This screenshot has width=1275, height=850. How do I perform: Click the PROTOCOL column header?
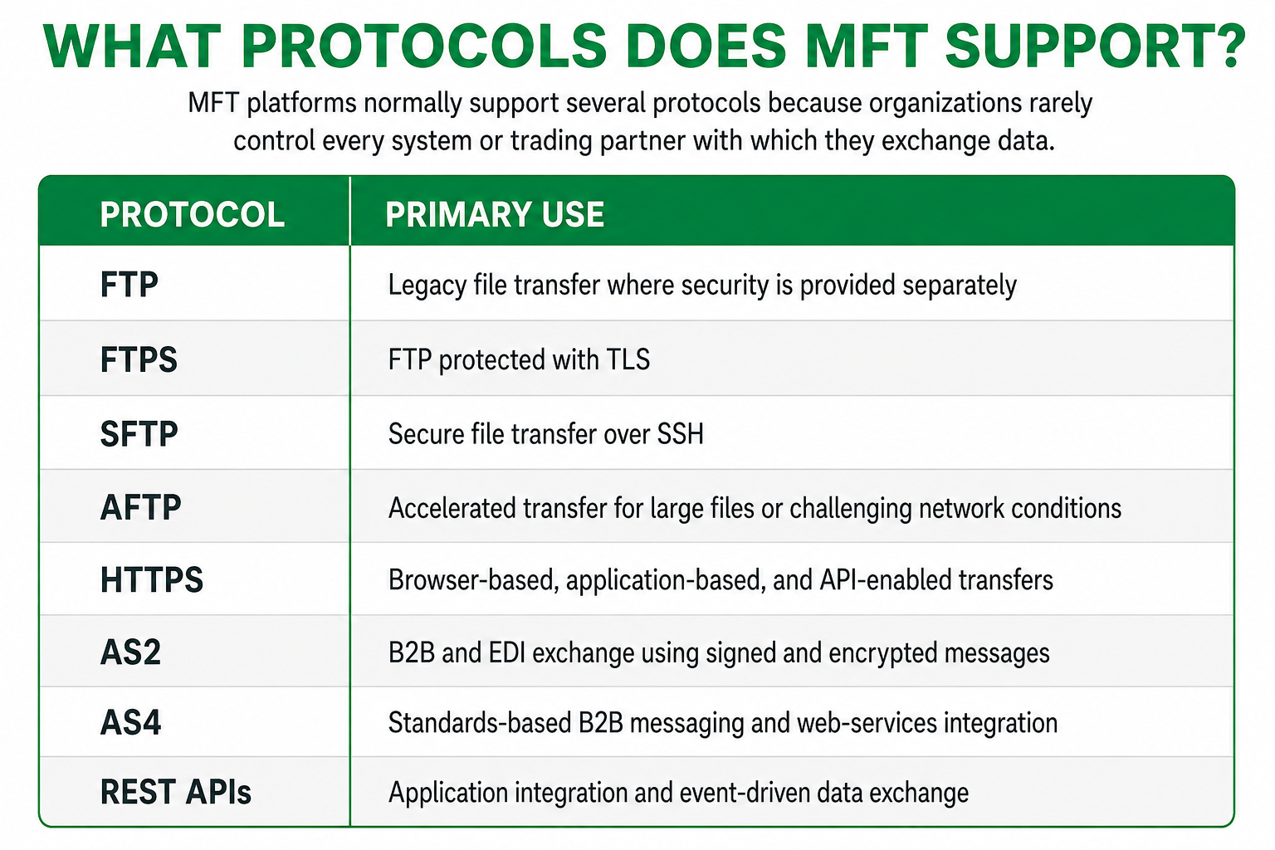point(193,215)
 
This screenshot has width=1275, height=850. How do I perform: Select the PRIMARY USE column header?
point(495,215)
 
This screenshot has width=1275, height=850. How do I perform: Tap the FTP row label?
point(129,285)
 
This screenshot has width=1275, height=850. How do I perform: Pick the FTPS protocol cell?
point(139,359)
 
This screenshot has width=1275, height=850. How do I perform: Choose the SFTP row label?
point(139,434)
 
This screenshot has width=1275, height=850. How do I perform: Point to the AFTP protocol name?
point(140,507)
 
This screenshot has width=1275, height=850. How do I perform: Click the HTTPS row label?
point(151,579)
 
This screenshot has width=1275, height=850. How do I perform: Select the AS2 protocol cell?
point(130,652)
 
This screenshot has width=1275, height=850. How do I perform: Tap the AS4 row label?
point(130,723)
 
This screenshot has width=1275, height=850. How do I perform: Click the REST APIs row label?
point(176,792)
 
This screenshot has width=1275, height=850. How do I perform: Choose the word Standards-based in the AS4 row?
point(480,723)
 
